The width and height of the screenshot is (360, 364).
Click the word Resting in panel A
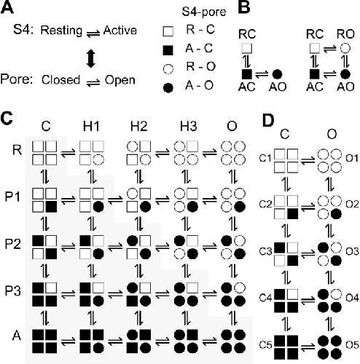click(x=61, y=31)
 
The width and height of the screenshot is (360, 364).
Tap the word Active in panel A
click(x=120, y=31)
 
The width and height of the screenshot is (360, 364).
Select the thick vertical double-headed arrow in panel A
click(x=90, y=58)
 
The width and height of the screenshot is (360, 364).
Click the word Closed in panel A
click(x=60, y=80)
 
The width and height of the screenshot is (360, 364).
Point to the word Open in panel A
click(x=120, y=81)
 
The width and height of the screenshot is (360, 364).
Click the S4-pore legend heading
click(x=204, y=12)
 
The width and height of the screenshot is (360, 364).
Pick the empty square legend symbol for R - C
click(x=168, y=31)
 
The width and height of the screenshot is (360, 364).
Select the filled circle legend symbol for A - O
click(x=168, y=88)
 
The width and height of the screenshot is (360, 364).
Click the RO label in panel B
click(x=345, y=34)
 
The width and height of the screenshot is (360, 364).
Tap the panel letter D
click(x=268, y=121)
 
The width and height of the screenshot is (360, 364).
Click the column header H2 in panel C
click(x=138, y=126)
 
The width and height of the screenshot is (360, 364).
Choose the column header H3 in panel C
click(x=189, y=126)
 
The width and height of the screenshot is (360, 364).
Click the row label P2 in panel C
click(x=14, y=244)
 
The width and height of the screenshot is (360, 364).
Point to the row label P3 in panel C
click(x=14, y=290)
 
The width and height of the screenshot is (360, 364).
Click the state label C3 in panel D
click(x=265, y=251)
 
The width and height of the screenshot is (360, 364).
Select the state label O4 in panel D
click(x=352, y=298)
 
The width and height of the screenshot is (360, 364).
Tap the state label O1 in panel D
click(x=352, y=159)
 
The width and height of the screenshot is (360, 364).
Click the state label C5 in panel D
click(x=265, y=345)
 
